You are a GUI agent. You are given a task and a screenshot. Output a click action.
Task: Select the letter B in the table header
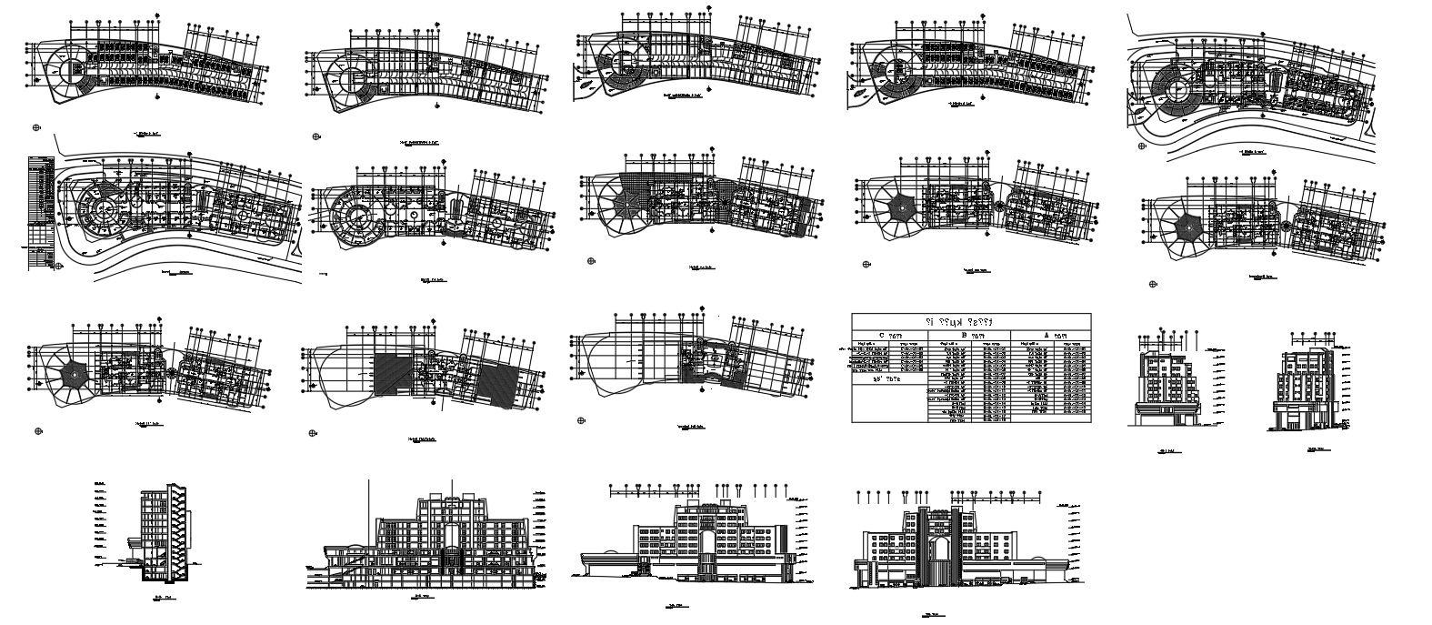(x=965, y=335)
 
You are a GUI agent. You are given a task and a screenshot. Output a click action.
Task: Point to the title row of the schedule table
(x=972, y=321)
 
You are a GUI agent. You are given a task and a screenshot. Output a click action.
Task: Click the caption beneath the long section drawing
(x=421, y=598)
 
